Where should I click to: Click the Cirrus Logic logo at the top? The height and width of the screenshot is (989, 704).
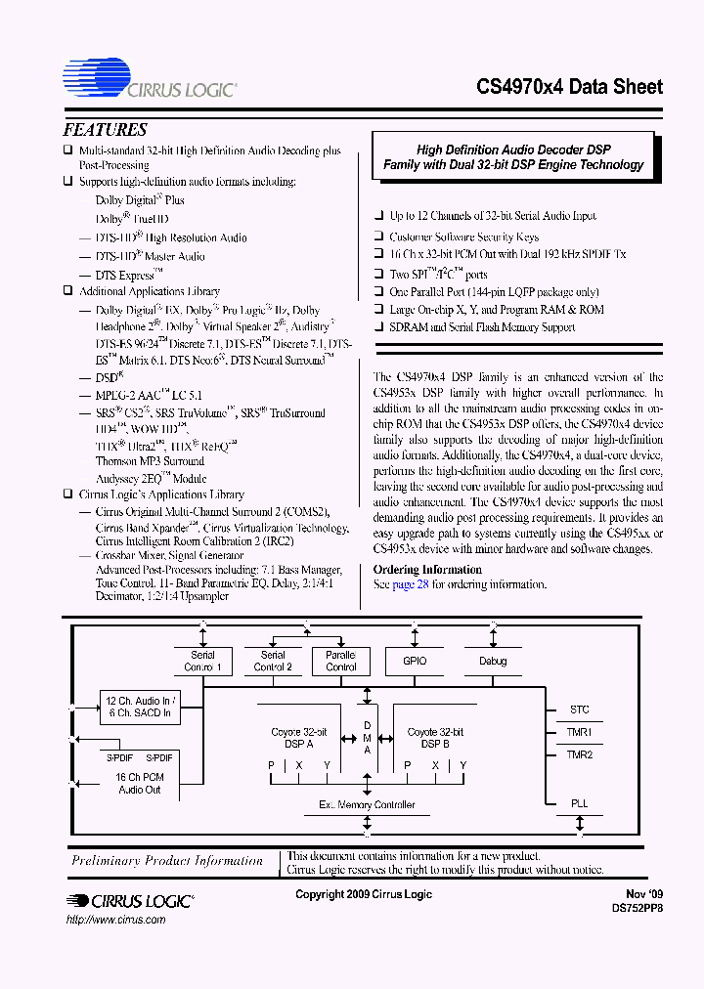tap(149, 80)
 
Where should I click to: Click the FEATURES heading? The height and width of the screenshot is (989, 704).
tap(105, 130)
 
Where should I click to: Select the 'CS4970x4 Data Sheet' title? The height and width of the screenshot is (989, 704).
tap(569, 87)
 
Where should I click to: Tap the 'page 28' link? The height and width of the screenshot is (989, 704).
tap(411, 584)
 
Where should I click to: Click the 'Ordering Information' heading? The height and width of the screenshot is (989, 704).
tap(427, 570)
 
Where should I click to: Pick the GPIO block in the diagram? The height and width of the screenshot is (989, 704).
tap(413, 662)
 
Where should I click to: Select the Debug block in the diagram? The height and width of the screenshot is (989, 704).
tap(493, 662)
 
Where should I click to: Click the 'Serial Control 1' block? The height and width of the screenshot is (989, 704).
tap(202, 662)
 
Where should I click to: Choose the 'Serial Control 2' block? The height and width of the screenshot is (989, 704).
tap(273, 662)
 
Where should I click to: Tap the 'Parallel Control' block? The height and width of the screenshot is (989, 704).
tap(340, 662)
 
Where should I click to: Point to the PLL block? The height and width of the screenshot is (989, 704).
tap(579, 803)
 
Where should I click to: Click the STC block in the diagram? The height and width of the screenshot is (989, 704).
tap(579, 710)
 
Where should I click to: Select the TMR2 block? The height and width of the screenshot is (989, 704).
tap(579, 754)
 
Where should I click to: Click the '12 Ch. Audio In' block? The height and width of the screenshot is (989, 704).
tap(139, 707)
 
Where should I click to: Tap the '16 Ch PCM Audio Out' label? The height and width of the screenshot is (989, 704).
tap(139, 783)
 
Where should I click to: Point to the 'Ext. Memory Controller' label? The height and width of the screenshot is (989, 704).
tap(367, 805)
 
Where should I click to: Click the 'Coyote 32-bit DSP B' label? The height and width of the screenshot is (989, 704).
tap(435, 738)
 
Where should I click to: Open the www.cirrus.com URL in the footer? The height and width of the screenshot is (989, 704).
tap(114, 920)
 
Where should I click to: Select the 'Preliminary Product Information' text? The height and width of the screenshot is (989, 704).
tap(167, 861)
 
